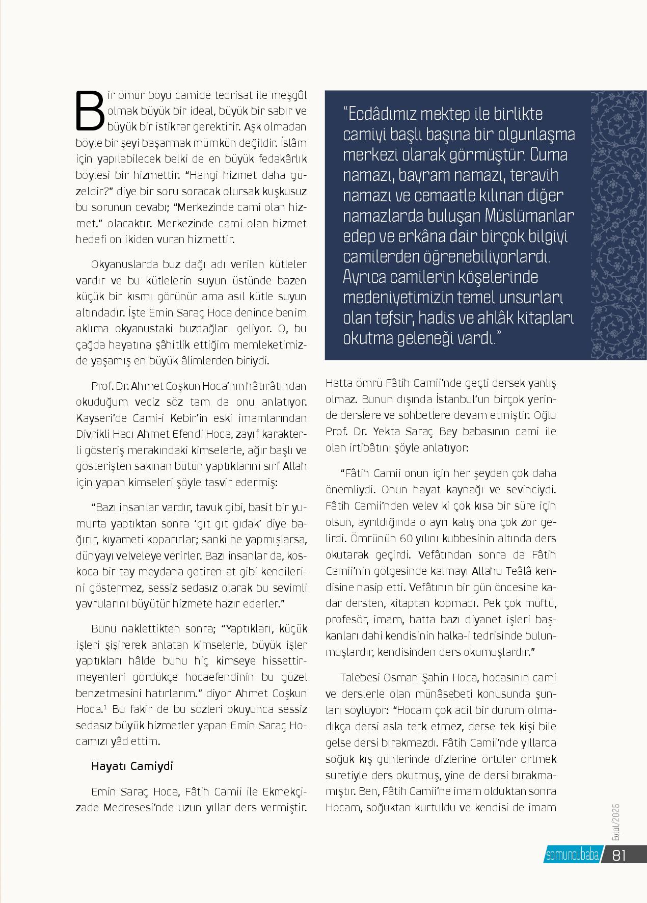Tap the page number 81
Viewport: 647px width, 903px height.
[x=618, y=855]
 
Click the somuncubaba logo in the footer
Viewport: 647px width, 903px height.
[x=572, y=856]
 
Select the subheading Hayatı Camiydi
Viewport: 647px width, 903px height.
[x=132, y=766]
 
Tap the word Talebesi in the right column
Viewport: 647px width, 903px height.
[x=360, y=678]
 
